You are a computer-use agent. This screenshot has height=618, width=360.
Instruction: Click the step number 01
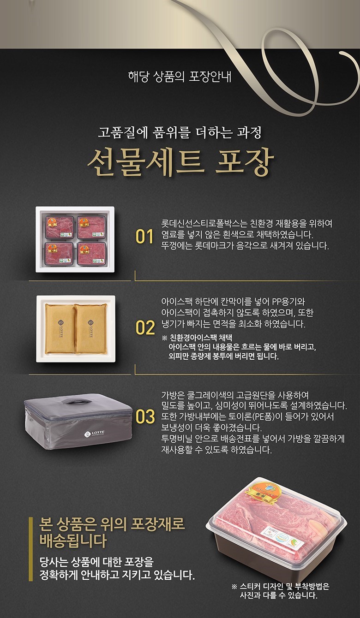click(144, 237)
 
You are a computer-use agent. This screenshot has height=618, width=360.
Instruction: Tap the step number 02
click(145, 327)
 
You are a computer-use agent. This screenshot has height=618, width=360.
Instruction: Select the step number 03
click(145, 416)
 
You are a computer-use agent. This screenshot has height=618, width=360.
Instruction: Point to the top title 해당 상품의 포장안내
click(180, 77)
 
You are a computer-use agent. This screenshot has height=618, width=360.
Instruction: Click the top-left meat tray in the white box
click(59, 227)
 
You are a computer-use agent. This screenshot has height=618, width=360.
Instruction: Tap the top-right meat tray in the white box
click(91, 227)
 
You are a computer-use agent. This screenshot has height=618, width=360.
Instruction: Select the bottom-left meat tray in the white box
click(59, 254)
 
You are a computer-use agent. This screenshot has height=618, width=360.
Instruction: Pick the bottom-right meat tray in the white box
click(91, 254)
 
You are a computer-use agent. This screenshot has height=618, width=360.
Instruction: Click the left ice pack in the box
click(60, 328)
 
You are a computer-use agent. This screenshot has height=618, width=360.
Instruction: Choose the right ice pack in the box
click(91, 328)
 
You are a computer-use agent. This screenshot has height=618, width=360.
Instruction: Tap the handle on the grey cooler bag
click(78, 401)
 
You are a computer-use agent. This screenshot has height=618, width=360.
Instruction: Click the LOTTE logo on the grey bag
click(94, 434)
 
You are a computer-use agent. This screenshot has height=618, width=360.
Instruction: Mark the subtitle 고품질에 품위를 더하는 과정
click(180, 133)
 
